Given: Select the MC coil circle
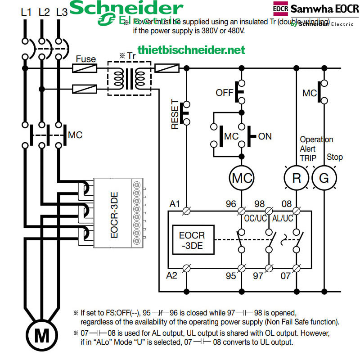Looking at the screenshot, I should click(x=241, y=178).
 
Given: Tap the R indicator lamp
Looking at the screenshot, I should click(x=297, y=178).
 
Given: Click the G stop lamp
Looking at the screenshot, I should click(x=324, y=178).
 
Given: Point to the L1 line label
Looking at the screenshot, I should click(x=26, y=12).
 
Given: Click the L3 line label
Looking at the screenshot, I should click(x=62, y=12).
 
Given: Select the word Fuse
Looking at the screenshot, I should click(x=85, y=59).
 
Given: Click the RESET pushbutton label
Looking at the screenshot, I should click(x=175, y=115).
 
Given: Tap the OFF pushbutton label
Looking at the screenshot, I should click(x=225, y=93).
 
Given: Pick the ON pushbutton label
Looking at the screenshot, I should click(x=265, y=136).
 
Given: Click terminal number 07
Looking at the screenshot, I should click(x=286, y=275).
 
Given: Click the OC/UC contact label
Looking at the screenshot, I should click(x=256, y=218).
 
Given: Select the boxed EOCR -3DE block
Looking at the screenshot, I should click(x=192, y=240).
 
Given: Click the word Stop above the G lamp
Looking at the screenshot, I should click(x=334, y=157).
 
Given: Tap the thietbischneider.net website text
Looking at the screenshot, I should click(x=191, y=49).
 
